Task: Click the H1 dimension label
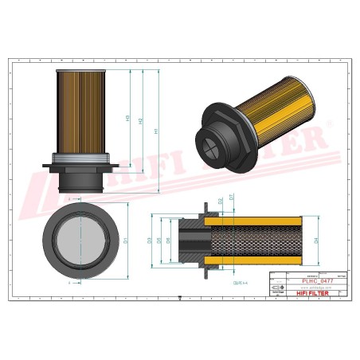coord(156,131)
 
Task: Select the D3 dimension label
coord(150,239)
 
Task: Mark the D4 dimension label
coord(316,239)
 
